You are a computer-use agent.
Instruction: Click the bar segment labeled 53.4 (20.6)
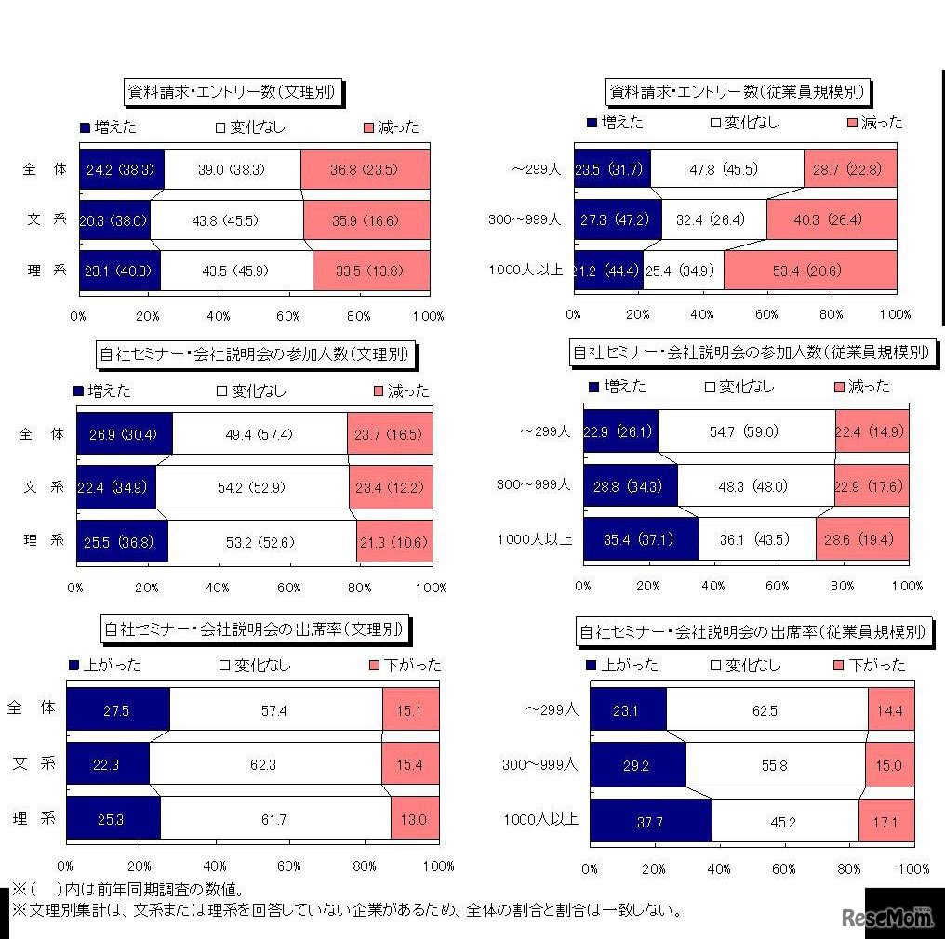click(x=810, y=271)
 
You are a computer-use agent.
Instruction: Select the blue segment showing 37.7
click(x=650, y=820)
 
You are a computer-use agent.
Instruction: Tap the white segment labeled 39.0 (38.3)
click(x=233, y=170)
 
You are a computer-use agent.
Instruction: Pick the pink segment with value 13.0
click(x=414, y=819)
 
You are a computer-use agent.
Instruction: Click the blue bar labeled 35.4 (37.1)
click(x=640, y=539)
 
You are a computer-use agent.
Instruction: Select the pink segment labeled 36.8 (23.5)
click(x=366, y=170)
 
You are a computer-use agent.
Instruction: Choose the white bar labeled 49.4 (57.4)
click(x=260, y=434)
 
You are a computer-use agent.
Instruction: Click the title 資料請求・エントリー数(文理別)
click(x=232, y=92)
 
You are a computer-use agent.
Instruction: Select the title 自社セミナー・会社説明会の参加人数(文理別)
click(x=254, y=354)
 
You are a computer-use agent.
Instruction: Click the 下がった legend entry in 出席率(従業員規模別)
click(x=868, y=666)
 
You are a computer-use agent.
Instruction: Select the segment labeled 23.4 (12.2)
click(x=390, y=487)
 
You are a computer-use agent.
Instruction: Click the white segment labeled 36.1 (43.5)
click(x=756, y=539)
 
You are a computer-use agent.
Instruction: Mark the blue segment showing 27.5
click(x=117, y=708)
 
